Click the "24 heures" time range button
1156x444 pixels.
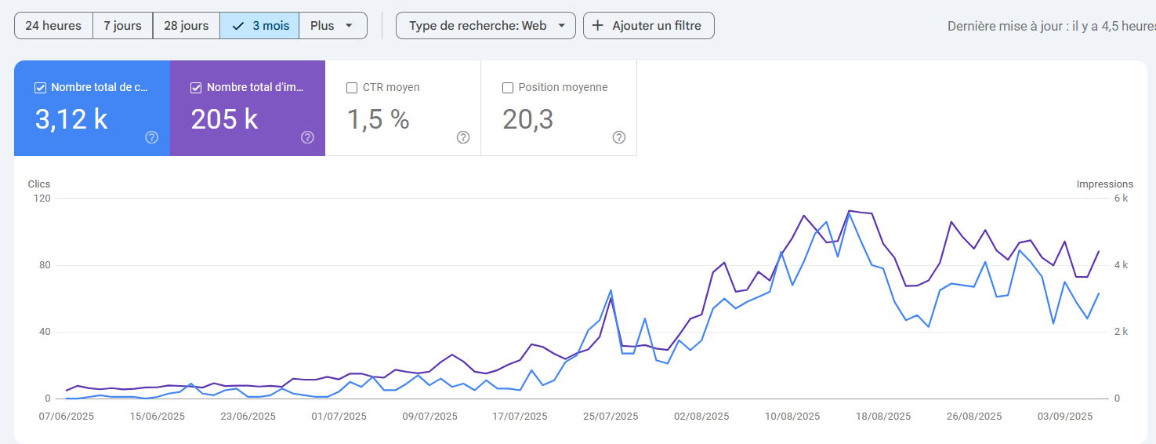[53, 25]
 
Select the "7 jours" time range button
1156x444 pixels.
[123, 25]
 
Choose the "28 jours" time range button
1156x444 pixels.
[187, 25]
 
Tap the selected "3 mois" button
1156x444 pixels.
[260, 25]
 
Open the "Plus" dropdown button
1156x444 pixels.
[333, 25]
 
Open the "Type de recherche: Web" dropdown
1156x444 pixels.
[486, 25]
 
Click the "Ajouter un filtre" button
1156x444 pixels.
[649, 25]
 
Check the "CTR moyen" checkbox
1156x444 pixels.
[352, 88]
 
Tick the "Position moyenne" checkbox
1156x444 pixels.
[508, 88]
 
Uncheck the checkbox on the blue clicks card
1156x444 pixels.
[41, 88]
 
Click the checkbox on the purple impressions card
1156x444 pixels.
[197, 88]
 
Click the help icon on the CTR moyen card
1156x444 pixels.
[463, 137]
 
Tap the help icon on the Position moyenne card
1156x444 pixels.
[619, 137]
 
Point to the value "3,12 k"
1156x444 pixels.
[71, 119]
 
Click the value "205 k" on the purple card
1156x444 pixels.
[225, 119]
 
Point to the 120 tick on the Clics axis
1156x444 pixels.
[42, 198]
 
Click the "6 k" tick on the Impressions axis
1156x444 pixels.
[1121, 198]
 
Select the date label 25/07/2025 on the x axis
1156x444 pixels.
[611, 417]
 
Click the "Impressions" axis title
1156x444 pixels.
[1104, 184]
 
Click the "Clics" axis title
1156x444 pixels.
[39, 184]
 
